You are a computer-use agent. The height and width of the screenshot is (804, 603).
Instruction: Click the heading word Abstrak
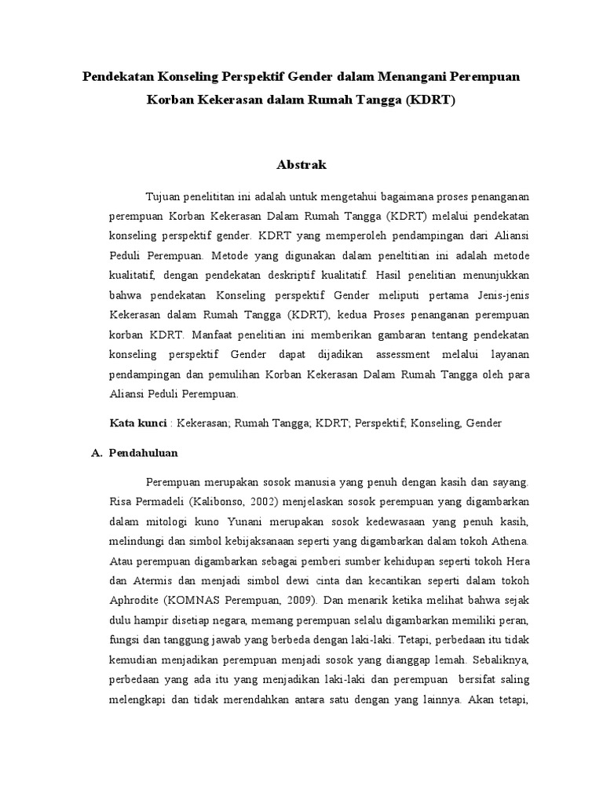(x=301, y=165)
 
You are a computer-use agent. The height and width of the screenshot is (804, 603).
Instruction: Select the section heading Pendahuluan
(x=144, y=453)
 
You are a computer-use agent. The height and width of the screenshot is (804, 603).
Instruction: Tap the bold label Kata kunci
(x=137, y=422)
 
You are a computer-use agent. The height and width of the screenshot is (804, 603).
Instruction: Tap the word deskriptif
(x=295, y=276)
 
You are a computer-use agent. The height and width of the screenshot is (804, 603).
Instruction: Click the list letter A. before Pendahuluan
(x=97, y=453)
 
